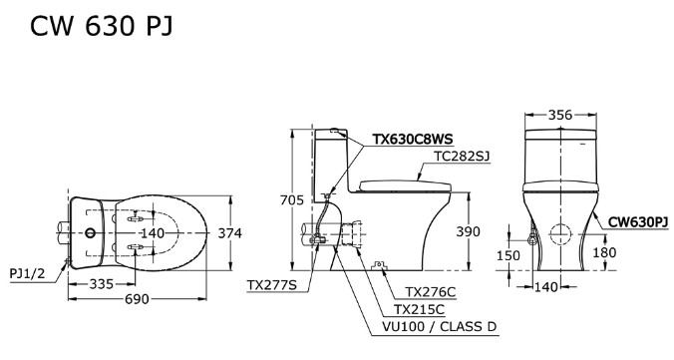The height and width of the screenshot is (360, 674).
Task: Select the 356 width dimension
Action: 559,115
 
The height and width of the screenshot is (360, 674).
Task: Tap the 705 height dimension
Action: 291,200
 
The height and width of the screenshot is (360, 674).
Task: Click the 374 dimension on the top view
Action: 230,232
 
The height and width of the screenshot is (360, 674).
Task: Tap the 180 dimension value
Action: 604,252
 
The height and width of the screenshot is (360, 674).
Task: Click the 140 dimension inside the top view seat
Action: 151,233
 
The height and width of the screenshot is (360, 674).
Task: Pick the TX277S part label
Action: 272,285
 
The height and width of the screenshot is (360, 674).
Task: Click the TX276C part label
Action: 430,292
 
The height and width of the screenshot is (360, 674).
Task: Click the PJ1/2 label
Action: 29,271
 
